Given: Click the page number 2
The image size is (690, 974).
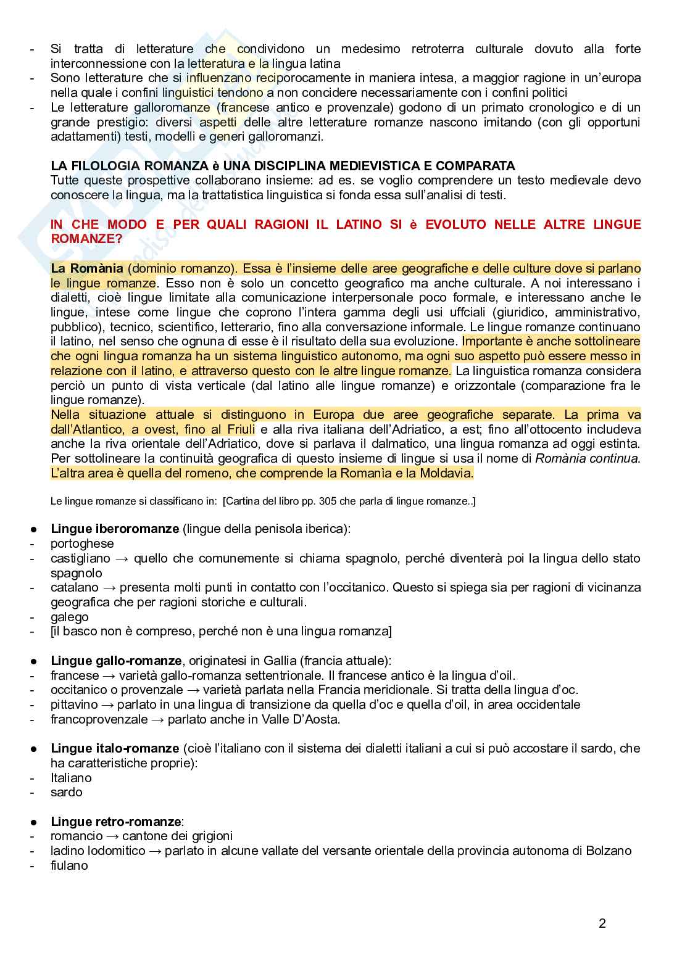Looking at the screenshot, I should click(x=602, y=923).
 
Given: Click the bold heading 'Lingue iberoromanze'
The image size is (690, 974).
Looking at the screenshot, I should click(x=115, y=529).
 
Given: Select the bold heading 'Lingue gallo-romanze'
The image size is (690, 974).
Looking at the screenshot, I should click(x=116, y=661).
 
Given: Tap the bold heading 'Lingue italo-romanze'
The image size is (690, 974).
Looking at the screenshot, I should click(x=115, y=748).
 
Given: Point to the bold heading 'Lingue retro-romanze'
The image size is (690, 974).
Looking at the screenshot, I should click(x=116, y=821).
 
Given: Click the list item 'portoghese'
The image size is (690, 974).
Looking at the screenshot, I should click(x=82, y=543).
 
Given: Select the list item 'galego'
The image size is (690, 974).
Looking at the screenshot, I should click(x=70, y=617).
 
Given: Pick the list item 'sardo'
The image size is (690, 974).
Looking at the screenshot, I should click(x=66, y=792).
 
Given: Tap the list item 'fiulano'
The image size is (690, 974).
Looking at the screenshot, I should click(x=69, y=865).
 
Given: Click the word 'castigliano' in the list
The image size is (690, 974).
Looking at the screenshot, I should click(x=80, y=558).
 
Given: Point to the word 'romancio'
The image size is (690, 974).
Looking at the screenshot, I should click(x=77, y=836).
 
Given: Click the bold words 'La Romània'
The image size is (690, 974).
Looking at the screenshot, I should click(x=87, y=269).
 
